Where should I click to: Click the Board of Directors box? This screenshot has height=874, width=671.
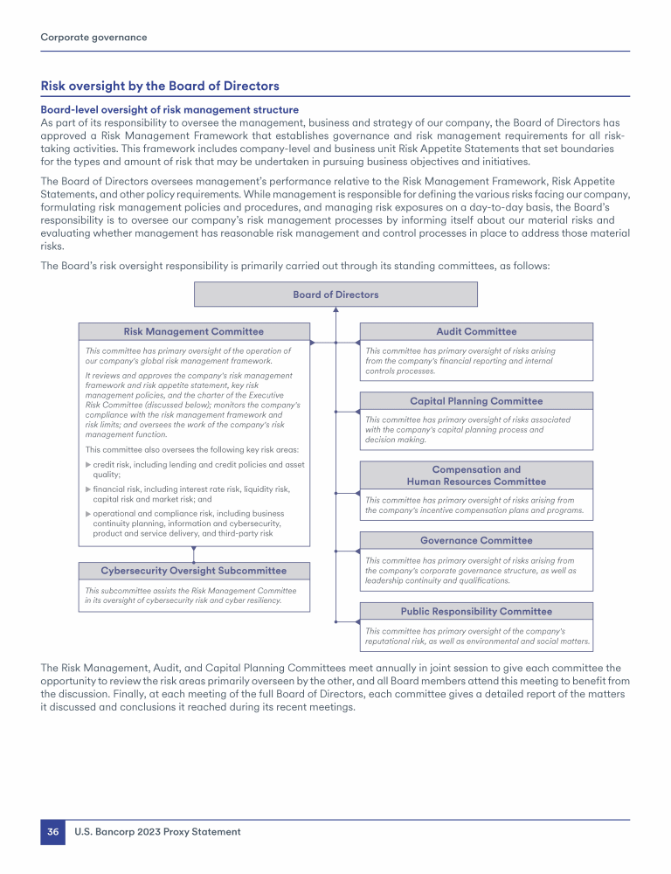(x=335, y=295)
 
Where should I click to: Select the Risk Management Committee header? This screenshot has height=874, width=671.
(x=193, y=331)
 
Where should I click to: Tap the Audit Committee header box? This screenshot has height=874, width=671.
(x=476, y=331)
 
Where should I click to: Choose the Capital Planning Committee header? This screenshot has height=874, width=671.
(x=476, y=401)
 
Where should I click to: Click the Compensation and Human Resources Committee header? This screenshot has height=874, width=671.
(x=476, y=475)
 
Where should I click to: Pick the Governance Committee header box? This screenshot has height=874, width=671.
(x=476, y=541)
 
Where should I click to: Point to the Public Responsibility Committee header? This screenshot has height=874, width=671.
(x=476, y=611)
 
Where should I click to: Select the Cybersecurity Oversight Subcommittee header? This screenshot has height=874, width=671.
(x=193, y=571)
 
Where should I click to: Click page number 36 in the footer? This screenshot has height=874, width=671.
(x=52, y=832)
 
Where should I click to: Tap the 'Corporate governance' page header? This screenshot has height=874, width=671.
(x=93, y=38)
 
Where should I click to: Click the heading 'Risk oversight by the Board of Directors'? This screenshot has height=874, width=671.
(x=160, y=86)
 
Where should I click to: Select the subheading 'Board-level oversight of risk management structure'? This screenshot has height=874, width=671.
(x=169, y=109)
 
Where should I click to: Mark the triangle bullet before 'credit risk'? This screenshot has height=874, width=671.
(x=87, y=465)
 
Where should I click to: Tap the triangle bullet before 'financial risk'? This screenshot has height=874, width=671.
(x=87, y=489)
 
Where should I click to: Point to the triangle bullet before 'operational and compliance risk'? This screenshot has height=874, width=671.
(x=87, y=513)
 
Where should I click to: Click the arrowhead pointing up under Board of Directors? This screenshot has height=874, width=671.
(x=335, y=309)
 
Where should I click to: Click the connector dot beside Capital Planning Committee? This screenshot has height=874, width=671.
(x=335, y=411)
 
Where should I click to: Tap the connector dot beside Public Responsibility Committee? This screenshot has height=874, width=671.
(x=335, y=621)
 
